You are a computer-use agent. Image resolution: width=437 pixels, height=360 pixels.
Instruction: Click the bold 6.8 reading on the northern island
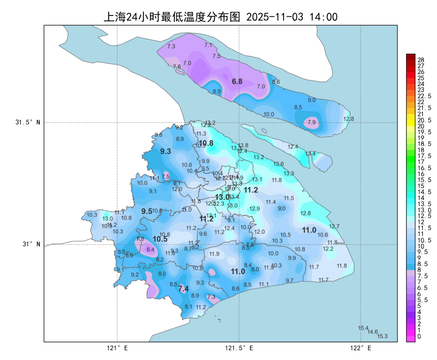click(x=237, y=82)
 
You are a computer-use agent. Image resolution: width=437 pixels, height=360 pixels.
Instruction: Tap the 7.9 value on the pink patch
click(x=311, y=122)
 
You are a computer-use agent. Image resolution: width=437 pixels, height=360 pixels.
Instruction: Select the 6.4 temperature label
click(x=150, y=249)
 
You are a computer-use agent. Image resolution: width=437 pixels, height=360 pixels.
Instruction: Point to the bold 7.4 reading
click(x=183, y=289)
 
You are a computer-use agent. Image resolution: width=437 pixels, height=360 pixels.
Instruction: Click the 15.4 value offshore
click(x=363, y=328)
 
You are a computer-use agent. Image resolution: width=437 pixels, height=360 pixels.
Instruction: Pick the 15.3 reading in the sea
click(x=382, y=336)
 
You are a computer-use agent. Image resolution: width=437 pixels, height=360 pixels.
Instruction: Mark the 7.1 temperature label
click(x=208, y=45)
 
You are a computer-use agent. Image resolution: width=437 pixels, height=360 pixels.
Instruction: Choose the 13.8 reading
click(x=243, y=145)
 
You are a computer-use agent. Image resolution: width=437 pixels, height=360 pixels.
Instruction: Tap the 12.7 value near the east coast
click(x=334, y=226)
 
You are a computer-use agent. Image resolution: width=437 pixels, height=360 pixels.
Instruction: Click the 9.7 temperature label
click(x=290, y=280)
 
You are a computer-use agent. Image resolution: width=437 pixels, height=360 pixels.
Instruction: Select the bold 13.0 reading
click(x=222, y=197)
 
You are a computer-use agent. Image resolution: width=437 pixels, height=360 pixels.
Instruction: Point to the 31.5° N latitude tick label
click(x=27, y=122)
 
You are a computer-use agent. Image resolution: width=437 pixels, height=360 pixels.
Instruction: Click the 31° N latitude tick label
click(x=31, y=244)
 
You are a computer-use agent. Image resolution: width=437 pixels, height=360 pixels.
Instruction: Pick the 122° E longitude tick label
click(x=361, y=349)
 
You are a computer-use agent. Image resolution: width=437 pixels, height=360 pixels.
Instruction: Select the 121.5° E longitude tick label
click(x=239, y=349)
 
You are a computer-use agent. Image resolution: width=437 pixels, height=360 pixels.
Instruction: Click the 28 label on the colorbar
click(x=421, y=60)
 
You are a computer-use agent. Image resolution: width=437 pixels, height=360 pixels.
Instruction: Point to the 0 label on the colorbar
click(x=419, y=336)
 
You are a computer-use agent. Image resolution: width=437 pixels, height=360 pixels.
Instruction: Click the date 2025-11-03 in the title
click(x=274, y=17)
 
